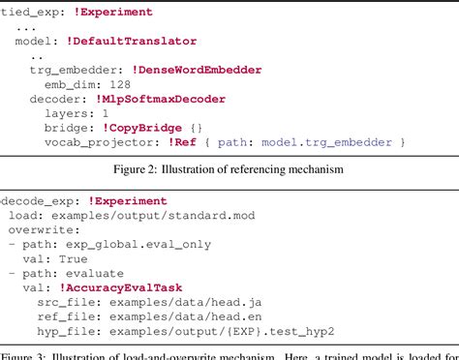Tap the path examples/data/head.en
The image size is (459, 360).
(x=189, y=317)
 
